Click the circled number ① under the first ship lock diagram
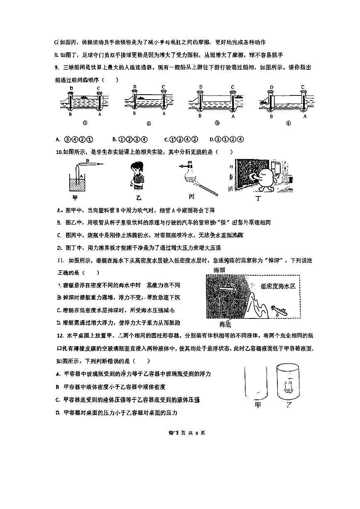(x=85, y=123)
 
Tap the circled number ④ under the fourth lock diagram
(x=288, y=123)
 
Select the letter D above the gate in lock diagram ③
(x=201, y=87)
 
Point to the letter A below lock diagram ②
(x=164, y=113)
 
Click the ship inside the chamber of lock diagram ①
(x=83, y=98)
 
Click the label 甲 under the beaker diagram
(x=75, y=197)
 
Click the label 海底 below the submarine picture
(x=225, y=324)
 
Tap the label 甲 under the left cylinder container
(x=258, y=404)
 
